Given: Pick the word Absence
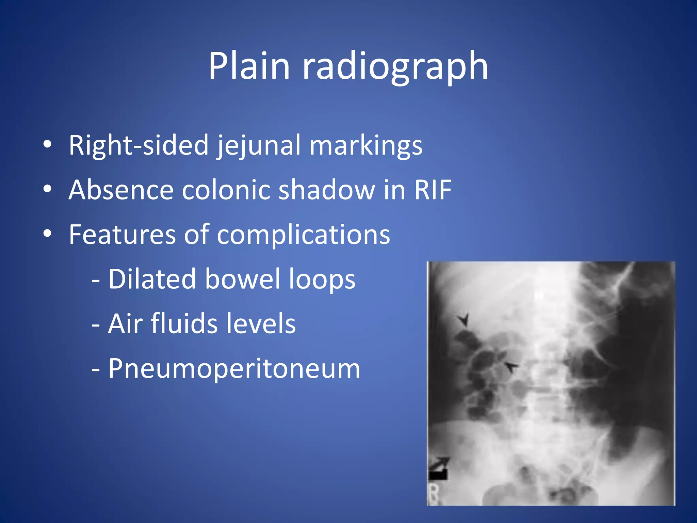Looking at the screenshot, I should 121,190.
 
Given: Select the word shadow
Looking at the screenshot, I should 327,190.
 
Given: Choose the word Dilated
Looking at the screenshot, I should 152,279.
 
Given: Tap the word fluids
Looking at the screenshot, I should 184,323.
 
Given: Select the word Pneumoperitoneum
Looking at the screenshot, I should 234,368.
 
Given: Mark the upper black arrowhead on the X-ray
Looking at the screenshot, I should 463,320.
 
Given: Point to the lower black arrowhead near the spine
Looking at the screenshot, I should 510,367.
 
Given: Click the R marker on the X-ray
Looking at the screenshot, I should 434,494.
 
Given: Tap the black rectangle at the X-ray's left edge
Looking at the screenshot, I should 438,474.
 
